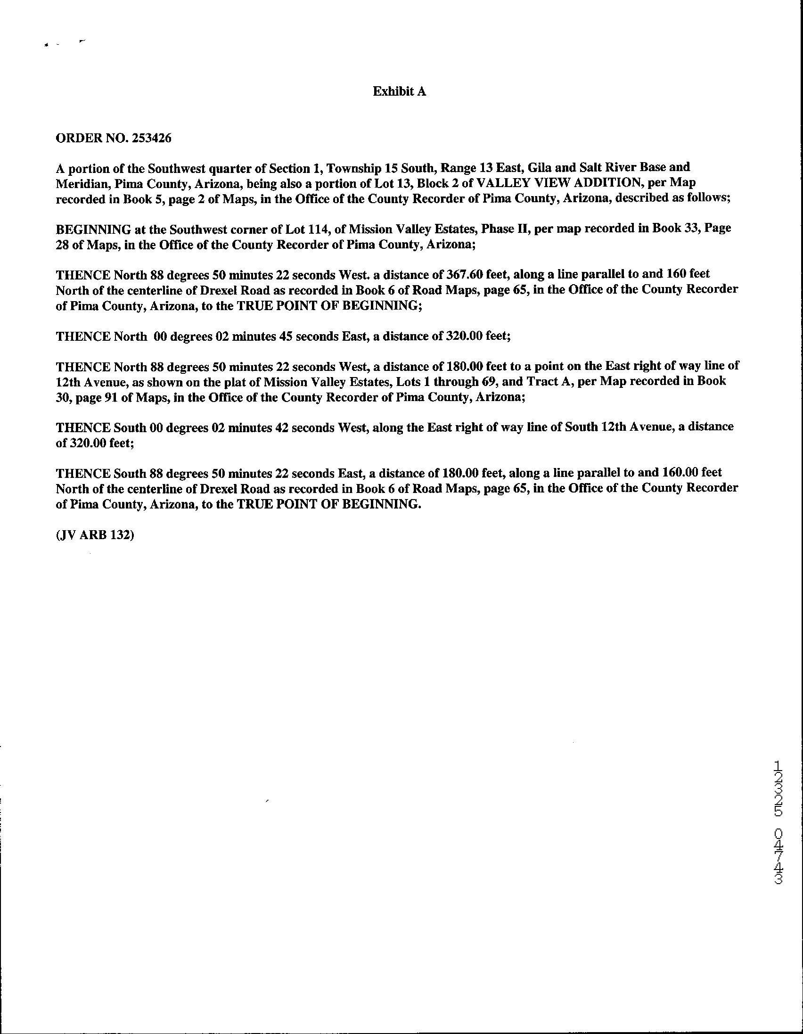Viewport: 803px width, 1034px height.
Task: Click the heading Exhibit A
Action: pyautogui.click(x=399, y=91)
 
